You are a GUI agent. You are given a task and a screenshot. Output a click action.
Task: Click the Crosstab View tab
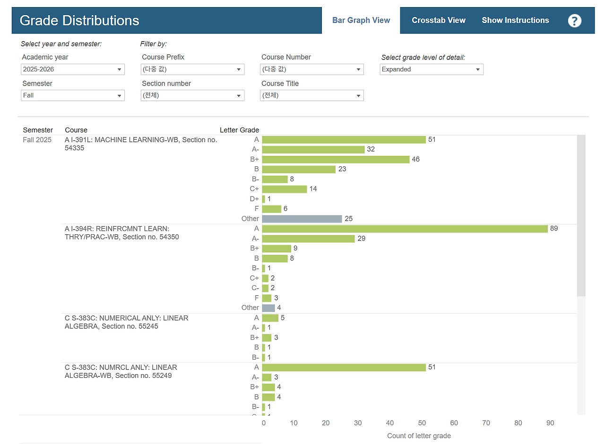[438, 20]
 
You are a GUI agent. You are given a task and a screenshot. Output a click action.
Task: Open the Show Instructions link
[515, 20]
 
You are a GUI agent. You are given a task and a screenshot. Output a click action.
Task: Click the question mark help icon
[574, 21]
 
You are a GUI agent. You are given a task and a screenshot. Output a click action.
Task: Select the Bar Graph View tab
[361, 20]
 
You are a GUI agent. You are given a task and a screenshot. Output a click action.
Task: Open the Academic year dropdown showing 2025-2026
[73, 69]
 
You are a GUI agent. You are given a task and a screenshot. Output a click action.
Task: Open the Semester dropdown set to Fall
[73, 95]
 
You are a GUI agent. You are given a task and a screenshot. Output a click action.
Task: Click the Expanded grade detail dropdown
[432, 69]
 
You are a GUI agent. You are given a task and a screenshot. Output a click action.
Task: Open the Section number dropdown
[192, 95]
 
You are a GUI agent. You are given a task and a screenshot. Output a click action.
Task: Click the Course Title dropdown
[312, 95]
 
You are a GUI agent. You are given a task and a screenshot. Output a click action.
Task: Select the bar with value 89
[405, 229]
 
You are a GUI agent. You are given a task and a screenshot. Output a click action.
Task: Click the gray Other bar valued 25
[302, 219]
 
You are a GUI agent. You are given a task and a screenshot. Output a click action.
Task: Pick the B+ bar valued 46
[336, 160]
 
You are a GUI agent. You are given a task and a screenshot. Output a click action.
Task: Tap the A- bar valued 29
[309, 239]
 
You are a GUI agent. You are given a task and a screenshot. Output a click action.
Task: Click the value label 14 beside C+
[313, 189]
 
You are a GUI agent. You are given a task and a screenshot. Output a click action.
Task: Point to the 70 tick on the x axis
[486, 423]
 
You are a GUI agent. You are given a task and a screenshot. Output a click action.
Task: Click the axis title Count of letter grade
[419, 436]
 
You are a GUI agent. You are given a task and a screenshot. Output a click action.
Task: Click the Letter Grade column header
[239, 130]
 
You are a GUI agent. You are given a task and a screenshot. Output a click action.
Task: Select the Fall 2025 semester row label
[37, 140]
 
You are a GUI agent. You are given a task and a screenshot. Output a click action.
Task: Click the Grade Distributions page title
[79, 20]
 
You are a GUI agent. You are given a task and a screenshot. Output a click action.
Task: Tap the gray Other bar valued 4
[268, 308]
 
